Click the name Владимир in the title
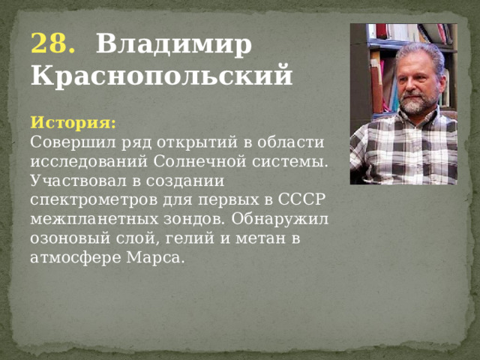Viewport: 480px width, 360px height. (174, 46)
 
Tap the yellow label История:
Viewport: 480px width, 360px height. (73, 121)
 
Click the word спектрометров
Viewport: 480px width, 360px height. (88, 199)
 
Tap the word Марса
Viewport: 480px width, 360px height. (155, 258)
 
